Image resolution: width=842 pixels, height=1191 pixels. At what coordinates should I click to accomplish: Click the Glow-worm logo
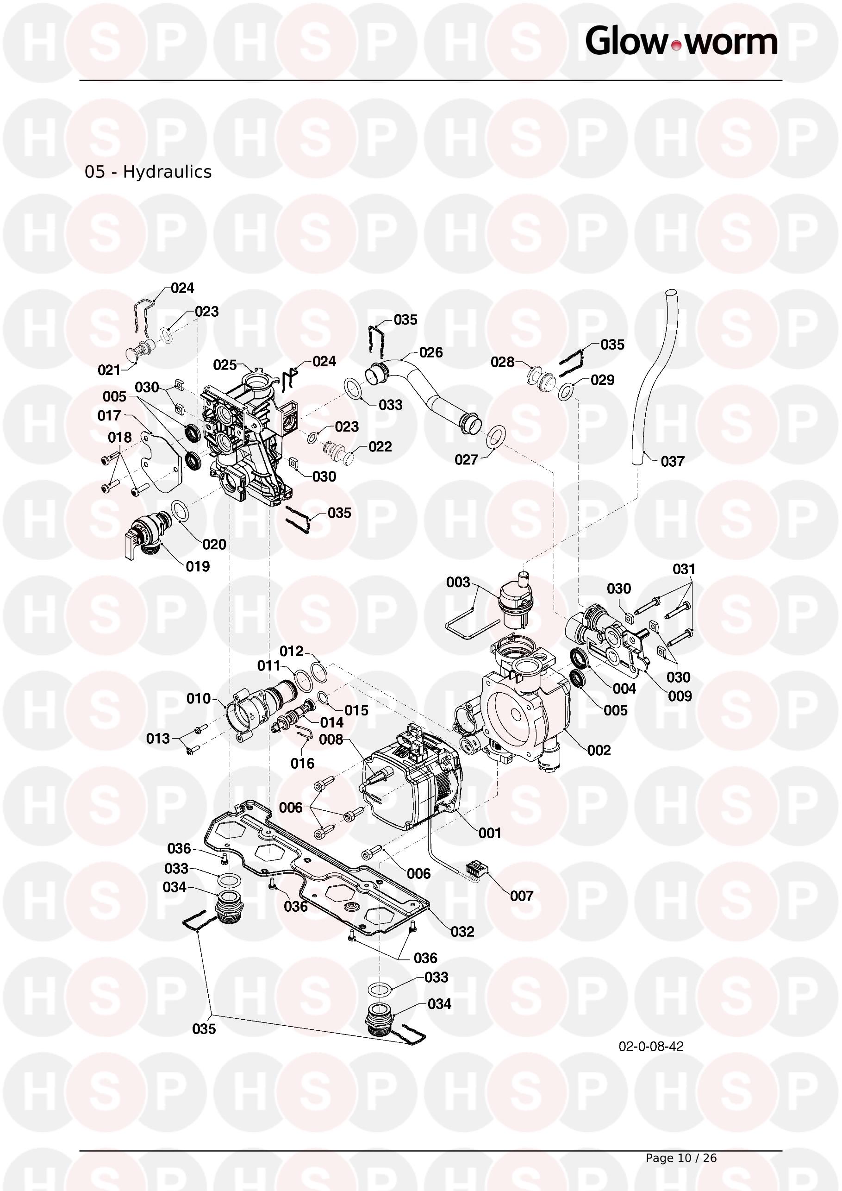(x=681, y=42)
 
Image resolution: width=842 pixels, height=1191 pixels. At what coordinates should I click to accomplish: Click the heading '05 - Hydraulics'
(x=148, y=172)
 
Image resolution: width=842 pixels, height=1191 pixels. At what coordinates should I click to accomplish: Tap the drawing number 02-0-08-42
(x=651, y=1046)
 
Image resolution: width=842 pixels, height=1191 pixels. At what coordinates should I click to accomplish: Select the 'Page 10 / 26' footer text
(x=681, y=1158)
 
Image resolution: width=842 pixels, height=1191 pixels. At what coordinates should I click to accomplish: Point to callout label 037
(x=673, y=461)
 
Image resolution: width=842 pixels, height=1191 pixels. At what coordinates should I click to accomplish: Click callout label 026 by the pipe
(x=431, y=352)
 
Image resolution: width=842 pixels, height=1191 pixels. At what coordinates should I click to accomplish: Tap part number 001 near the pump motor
(x=489, y=833)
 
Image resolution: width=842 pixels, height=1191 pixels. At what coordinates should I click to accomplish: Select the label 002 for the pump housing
(x=599, y=750)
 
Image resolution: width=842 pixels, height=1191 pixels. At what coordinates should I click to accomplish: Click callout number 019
(x=198, y=566)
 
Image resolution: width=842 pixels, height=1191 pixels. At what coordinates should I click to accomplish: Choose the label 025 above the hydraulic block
(x=225, y=365)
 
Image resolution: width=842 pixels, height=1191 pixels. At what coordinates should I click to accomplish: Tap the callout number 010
(x=199, y=698)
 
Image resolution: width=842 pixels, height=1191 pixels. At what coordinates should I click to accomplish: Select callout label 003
(x=458, y=582)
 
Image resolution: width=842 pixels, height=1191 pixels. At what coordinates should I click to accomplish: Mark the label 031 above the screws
(x=684, y=569)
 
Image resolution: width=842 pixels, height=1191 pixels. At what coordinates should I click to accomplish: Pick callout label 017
(x=109, y=415)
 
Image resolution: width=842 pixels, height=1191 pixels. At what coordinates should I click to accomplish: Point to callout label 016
(x=302, y=763)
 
